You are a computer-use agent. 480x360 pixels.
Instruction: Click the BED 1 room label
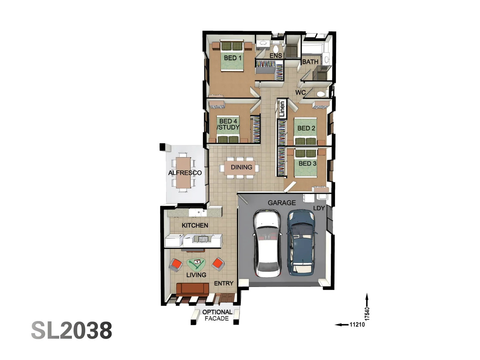(x=233, y=58)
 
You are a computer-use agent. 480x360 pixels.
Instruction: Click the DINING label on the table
(x=241, y=167)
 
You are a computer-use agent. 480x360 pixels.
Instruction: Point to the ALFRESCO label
(x=185, y=173)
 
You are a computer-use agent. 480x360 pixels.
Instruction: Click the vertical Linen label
(x=282, y=109)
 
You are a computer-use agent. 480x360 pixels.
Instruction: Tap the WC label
(x=300, y=92)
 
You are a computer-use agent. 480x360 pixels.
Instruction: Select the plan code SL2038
(x=72, y=330)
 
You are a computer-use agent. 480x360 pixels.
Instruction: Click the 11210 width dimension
(x=357, y=324)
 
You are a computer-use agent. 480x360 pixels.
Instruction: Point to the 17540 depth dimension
(x=367, y=314)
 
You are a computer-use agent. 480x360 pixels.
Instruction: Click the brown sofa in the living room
(x=192, y=289)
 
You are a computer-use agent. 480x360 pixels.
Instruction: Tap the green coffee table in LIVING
(x=196, y=264)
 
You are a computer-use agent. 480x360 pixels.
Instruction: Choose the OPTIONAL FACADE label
(x=217, y=315)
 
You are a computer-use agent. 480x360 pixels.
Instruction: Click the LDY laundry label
(x=319, y=208)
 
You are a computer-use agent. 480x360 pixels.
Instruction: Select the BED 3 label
(x=307, y=163)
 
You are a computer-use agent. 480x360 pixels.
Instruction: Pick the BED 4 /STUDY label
(x=228, y=124)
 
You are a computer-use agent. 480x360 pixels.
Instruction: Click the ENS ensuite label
(x=276, y=56)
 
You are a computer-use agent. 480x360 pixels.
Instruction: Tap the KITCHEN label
(x=195, y=225)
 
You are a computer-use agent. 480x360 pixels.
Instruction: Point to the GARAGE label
(x=282, y=202)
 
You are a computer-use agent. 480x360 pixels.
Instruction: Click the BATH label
(x=310, y=62)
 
